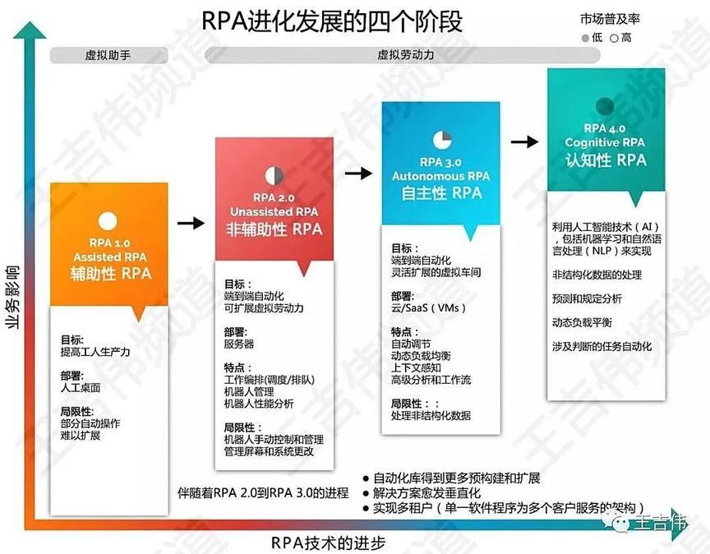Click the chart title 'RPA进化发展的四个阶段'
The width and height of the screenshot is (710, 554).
331,21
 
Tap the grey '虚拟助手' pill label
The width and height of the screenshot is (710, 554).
108,56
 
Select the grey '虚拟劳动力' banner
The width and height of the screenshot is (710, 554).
403,55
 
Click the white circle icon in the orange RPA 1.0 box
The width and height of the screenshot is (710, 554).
108,221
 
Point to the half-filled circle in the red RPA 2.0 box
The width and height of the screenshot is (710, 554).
274,176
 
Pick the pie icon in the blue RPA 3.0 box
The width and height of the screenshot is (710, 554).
442,140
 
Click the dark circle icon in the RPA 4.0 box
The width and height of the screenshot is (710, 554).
605,107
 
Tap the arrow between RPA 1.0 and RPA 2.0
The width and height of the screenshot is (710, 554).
191,223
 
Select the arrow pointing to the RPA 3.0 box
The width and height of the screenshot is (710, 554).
358,173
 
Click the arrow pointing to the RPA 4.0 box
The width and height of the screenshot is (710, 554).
525,141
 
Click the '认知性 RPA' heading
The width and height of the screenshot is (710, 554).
606,160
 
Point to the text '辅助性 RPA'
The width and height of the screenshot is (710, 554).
110,273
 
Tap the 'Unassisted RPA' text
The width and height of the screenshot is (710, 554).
274,211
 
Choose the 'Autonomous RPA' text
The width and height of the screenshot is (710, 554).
441,176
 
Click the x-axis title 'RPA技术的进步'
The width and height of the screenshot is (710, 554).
328,542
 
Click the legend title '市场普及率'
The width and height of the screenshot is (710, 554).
610,19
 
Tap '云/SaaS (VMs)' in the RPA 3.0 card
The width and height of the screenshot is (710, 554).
429,308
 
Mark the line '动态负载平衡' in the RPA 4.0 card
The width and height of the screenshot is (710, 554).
582,322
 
